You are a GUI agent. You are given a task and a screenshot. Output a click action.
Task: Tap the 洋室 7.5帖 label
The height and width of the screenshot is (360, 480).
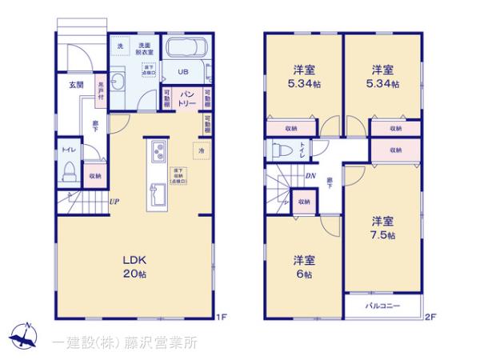382,227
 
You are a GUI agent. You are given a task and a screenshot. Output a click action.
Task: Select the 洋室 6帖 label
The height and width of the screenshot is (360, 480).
304,266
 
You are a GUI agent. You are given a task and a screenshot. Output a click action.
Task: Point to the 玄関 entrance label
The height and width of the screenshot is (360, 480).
76,84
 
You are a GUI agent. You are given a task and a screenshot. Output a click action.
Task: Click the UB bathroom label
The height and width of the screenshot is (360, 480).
182,71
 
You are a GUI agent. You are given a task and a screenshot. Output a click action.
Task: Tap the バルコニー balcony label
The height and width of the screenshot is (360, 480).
382,305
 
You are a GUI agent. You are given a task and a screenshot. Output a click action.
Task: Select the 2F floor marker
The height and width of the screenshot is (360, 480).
430,318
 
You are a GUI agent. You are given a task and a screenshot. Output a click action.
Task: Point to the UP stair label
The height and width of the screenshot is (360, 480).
114,201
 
